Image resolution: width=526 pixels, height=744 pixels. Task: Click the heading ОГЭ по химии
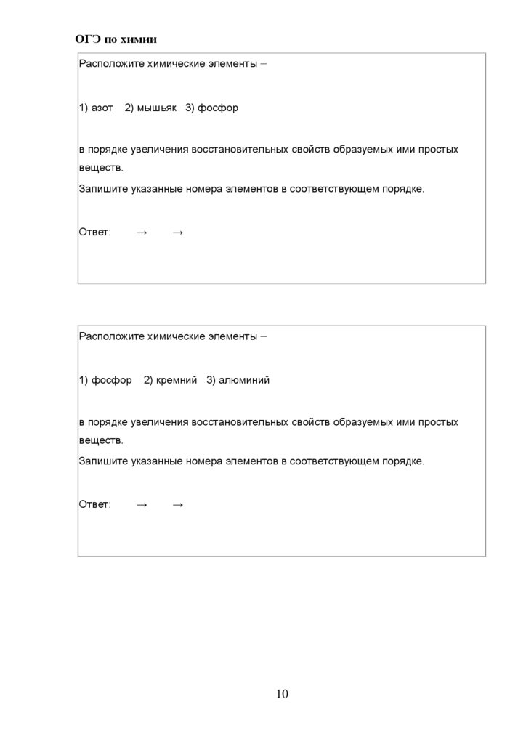click(116, 39)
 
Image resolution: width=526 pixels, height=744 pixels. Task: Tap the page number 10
click(282, 694)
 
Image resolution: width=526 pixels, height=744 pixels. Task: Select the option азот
click(102, 108)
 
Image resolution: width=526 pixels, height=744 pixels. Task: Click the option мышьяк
click(156, 108)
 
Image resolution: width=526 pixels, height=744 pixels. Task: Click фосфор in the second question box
click(111, 380)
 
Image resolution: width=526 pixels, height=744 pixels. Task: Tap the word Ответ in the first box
click(94, 232)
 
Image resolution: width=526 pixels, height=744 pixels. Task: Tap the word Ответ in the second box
click(94, 504)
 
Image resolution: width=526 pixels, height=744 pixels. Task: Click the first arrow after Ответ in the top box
click(142, 232)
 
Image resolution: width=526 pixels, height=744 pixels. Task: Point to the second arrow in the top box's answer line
click(178, 232)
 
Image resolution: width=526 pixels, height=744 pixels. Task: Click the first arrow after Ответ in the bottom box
click(142, 504)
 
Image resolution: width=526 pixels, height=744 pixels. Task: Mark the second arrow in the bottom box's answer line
click(178, 504)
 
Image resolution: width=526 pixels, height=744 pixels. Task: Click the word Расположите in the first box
click(111, 64)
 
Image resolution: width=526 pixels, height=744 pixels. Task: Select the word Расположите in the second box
click(111, 336)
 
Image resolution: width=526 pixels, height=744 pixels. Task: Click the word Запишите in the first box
click(103, 189)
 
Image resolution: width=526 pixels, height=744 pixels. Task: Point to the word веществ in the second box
click(100, 440)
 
